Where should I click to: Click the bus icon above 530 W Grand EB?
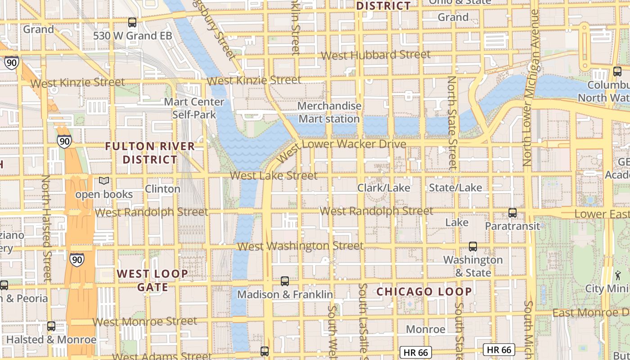tap(132, 22)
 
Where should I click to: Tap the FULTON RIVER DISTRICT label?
tap(150, 153)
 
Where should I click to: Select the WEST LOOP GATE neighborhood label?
tap(153, 280)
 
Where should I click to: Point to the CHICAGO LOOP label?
tap(424, 292)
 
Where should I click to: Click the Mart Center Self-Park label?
tap(194, 108)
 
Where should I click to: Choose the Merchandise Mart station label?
tap(329, 112)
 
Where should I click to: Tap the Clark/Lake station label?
tap(383, 188)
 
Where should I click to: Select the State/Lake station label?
tap(455, 187)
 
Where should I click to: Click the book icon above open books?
tap(104, 181)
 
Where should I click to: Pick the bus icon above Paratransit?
tap(512, 213)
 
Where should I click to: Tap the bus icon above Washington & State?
tap(472, 247)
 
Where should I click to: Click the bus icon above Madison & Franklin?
tap(284, 281)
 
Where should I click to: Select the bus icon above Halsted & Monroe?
tap(51, 326)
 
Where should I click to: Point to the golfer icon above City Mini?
tap(617, 274)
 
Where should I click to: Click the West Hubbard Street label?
tap(376, 55)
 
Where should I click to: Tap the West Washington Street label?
tap(300, 246)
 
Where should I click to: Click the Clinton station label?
tap(162, 189)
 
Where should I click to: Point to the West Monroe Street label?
tap(145, 321)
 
